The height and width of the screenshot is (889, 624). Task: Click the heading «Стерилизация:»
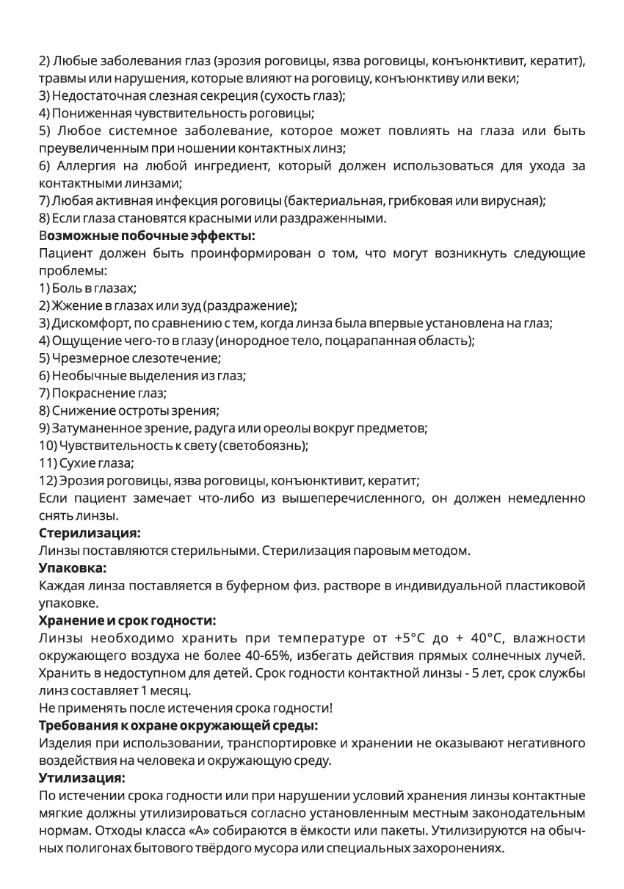(90, 531)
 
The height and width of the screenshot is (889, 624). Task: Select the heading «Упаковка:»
(73, 567)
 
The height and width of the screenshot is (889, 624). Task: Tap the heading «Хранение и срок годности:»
(127, 620)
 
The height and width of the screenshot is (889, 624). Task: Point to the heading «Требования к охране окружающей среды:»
(178, 725)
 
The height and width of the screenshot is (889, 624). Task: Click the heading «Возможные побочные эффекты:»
(147, 236)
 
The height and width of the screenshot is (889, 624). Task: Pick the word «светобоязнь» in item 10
(269, 446)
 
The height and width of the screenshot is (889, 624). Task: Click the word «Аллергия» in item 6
(84, 166)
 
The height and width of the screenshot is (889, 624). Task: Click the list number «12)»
(48, 481)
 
